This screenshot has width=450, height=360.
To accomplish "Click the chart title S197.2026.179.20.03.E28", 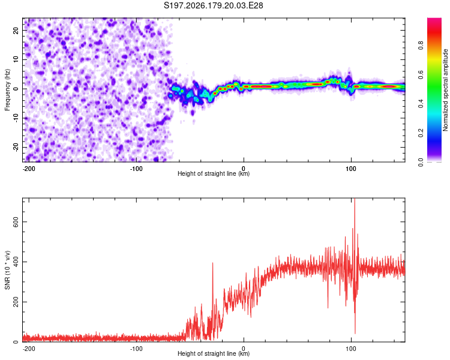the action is pos(213,5).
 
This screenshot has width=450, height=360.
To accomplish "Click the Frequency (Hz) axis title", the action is pos(7,90).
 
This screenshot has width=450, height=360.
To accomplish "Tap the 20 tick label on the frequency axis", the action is pos(16,31).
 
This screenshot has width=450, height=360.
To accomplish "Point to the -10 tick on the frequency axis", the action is pos(16,118).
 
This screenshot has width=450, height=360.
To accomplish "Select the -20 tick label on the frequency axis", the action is pos(16,147).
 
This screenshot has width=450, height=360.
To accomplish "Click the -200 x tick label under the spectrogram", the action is pos(29,169).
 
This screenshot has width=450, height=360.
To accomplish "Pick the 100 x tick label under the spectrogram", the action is pos(351,169).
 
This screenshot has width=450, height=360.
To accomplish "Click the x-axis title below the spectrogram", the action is pos(214,173).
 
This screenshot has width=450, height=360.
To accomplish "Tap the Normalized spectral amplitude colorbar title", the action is pos(445,90).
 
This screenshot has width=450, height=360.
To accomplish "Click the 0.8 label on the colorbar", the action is pos(421,46).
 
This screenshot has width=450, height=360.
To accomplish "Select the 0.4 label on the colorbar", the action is pos(421,104).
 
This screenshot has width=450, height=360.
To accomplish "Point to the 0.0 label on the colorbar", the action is pos(421,162).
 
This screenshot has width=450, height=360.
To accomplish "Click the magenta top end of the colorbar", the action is pos(434,20).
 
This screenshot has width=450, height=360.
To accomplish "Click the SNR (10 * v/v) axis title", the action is pos(7,270).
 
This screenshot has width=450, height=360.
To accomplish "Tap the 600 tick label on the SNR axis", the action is pos(16,221).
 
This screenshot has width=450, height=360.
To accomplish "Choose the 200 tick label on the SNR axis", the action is pos(16,302).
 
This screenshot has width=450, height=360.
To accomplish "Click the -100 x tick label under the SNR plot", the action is pos(136,349).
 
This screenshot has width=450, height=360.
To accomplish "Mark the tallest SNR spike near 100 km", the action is pos(355,199).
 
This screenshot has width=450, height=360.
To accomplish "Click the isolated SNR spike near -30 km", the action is pos(212,263).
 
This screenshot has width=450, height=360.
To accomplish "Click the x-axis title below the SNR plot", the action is pos(214,353).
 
